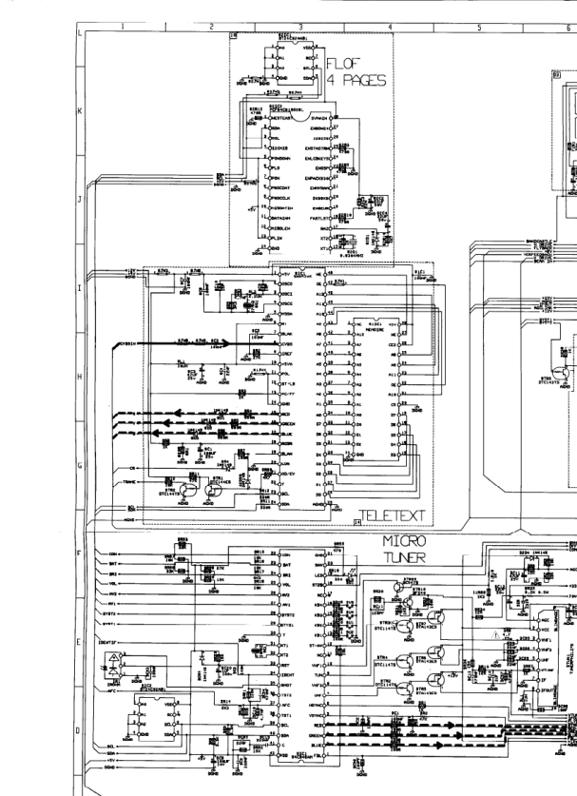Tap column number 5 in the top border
coord(479,28)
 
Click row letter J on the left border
coord(80,201)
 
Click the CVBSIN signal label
coord(126,341)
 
